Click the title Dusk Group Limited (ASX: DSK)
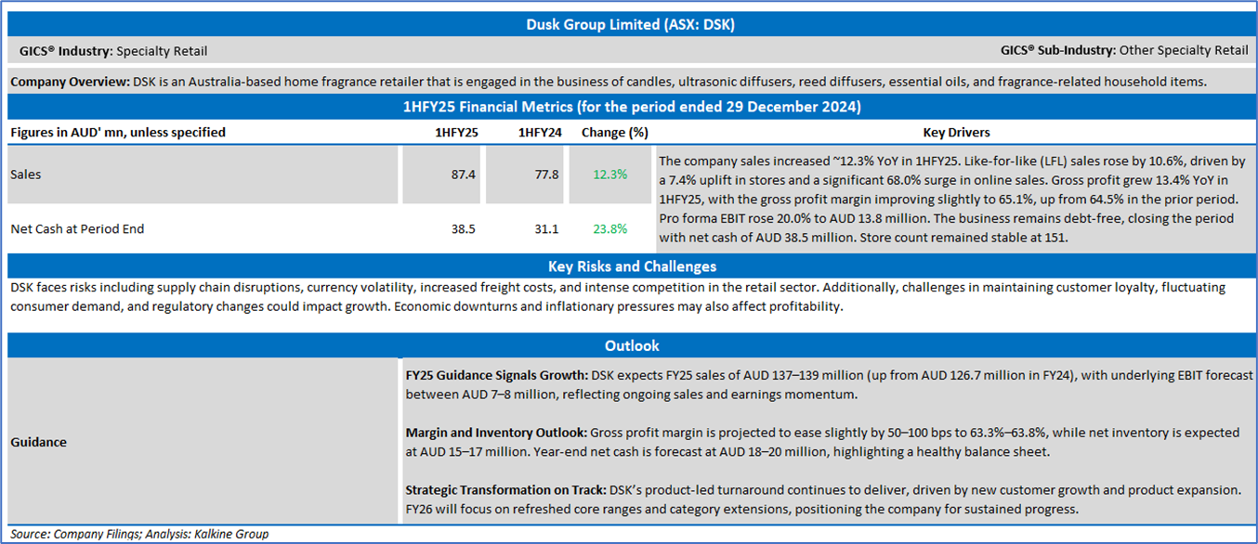coord(629,24)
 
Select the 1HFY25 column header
coord(456,132)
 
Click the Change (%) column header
coord(614,132)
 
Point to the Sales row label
coord(26,174)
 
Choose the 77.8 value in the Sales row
coord(545,174)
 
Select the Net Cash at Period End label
coord(77,228)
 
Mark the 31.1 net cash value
coord(545,228)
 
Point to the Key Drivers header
coord(956,132)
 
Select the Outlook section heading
coord(631,345)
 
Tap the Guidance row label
coord(38,442)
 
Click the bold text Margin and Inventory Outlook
coord(495,433)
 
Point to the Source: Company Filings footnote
coord(139,534)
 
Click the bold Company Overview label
coord(70,82)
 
